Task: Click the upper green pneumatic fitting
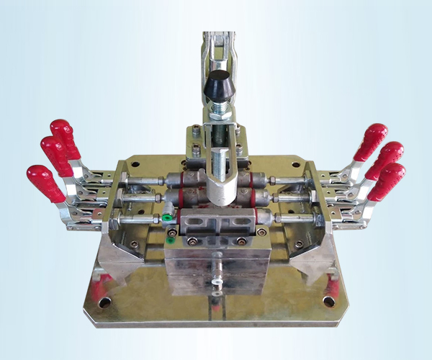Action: point(166,215)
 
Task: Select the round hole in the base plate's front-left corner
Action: point(107,302)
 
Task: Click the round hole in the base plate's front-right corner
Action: point(329,301)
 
